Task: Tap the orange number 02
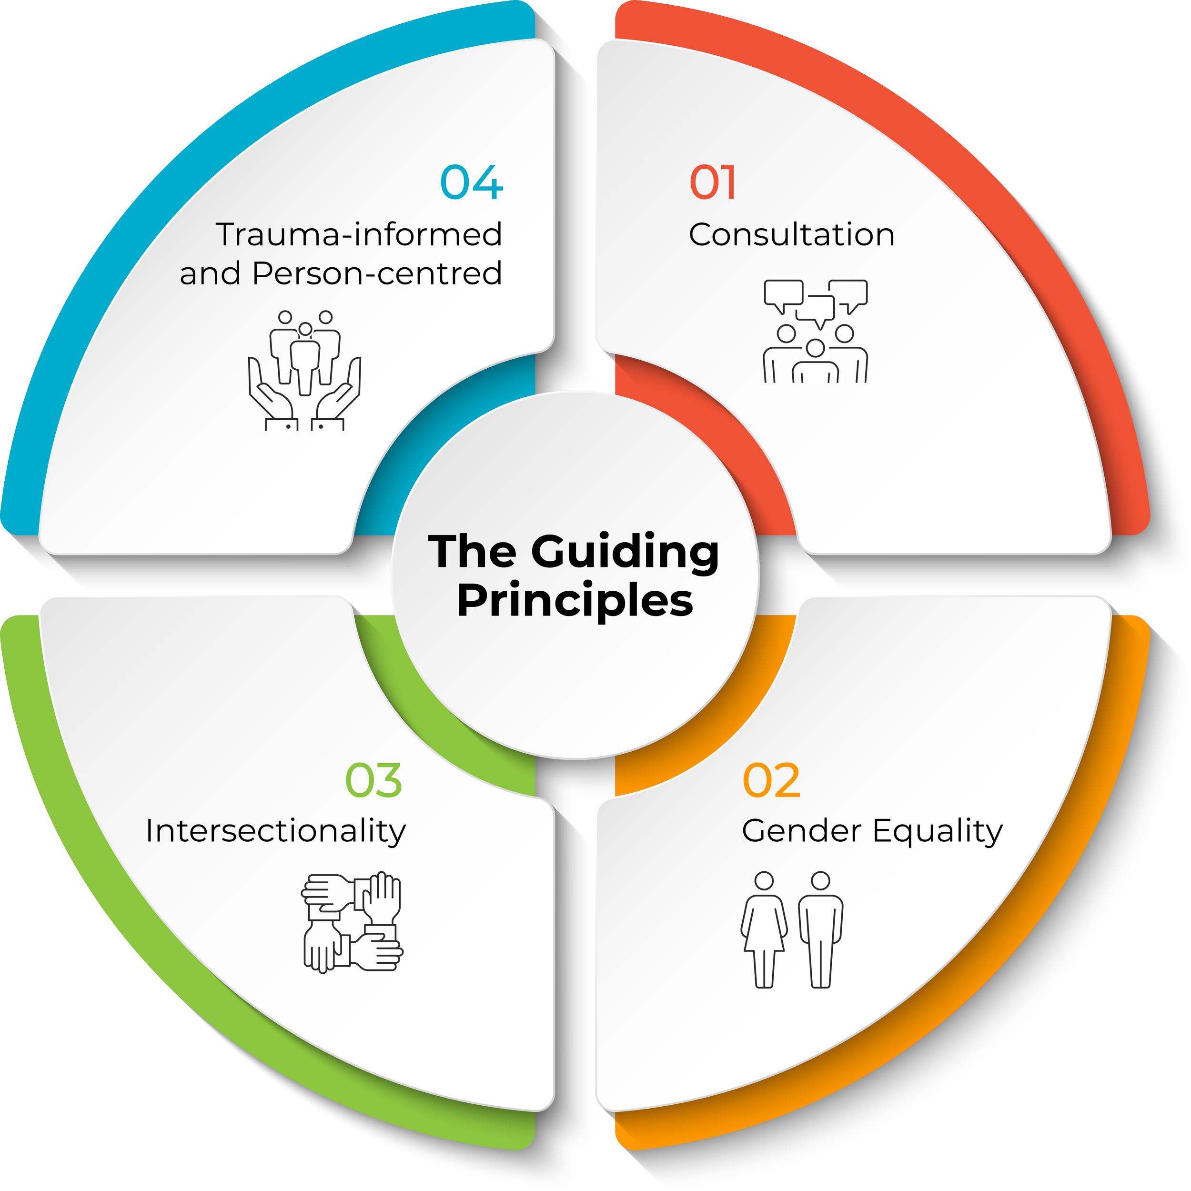[x=771, y=780]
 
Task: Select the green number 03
[x=373, y=780]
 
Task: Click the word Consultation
[x=791, y=235]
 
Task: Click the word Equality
[x=938, y=832]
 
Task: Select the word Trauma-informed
[x=359, y=235]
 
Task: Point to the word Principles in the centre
[x=575, y=602]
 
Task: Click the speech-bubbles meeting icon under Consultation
[x=816, y=331]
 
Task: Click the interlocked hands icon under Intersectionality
[x=352, y=922]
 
